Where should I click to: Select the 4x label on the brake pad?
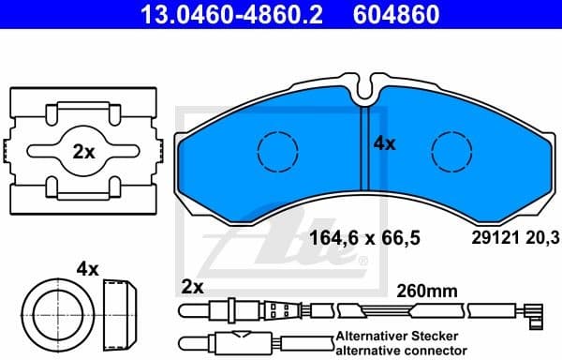pos(384,143)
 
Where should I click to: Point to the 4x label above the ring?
pos(87,268)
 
